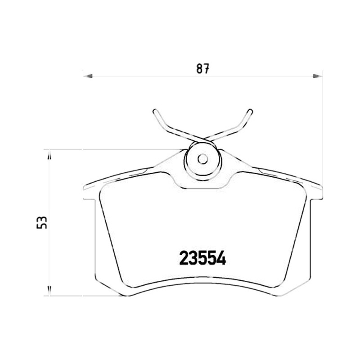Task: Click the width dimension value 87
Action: click(x=203, y=68)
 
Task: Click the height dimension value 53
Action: click(x=42, y=222)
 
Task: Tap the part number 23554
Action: click(x=202, y=257)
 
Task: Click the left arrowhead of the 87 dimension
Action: click(x=88, y=76)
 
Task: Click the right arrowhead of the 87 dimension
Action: click(x=318, y=76)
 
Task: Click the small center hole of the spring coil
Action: click(x=203, y=159)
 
